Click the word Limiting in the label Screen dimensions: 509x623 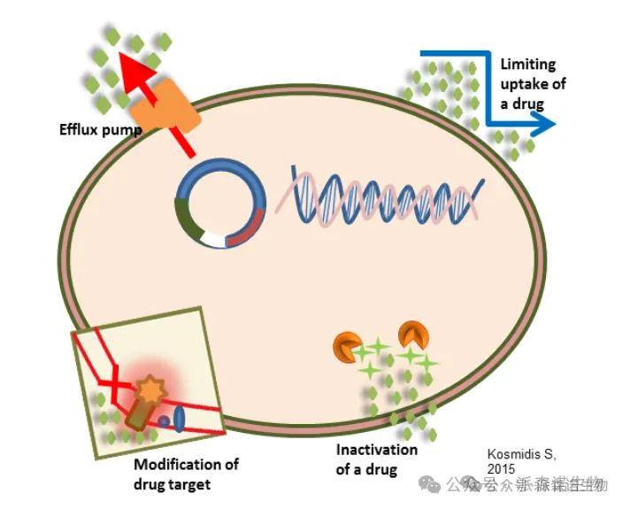tap(527, 64)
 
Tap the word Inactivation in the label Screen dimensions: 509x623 tap(376, 450)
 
